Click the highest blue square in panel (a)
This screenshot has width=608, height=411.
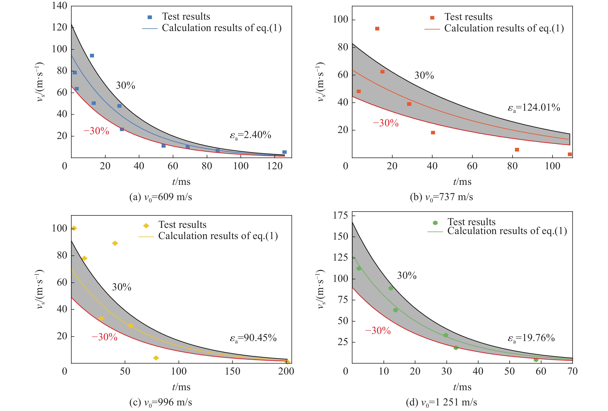tap(92, 56)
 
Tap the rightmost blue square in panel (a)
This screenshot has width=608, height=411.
tap(284, 152)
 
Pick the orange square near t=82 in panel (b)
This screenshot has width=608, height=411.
tap(517, 150)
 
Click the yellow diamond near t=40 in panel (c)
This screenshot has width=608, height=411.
tap(115, 243)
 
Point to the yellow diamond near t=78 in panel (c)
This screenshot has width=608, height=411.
tap(156, 358)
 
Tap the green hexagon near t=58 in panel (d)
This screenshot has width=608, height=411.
tap(536, 360)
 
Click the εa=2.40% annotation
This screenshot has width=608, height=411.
tap(250, 135)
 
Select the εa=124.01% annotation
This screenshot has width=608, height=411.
tap(534, 108)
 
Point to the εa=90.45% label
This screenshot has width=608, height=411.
tap(253, 338)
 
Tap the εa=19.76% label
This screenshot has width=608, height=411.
tap(531, 338)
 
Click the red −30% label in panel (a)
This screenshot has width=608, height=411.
tap(96, 131)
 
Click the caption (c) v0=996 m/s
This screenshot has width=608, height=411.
tap(161, 402)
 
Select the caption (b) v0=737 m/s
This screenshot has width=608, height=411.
tap(441, 197)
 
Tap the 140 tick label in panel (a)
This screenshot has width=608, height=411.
tap(59, 6)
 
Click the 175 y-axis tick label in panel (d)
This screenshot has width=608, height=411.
tap(340, 216)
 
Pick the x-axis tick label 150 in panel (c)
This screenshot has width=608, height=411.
tap(232, 371)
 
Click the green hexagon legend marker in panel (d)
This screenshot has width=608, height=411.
tap(435, 223)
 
